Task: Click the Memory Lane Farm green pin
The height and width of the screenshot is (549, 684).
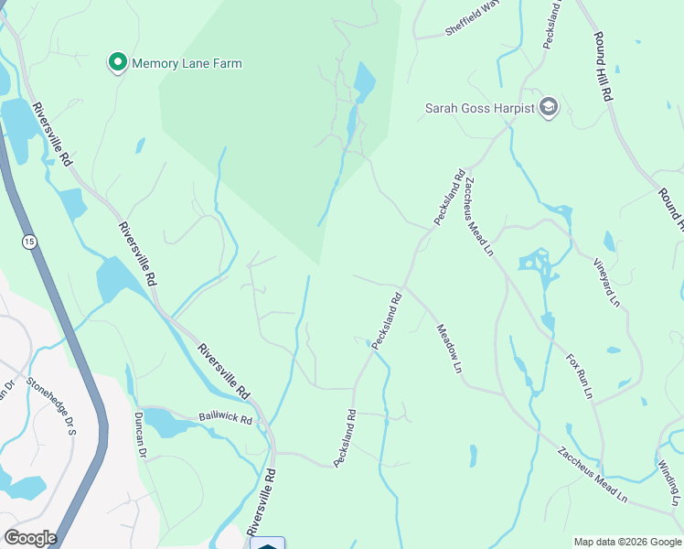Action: (x=118, y=62)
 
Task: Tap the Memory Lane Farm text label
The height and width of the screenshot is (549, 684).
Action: (x=187, y=64)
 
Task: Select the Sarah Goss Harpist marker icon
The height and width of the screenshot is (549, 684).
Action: (x=549, y=107)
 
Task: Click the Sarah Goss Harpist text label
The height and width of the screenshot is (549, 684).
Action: (x=479, y=108)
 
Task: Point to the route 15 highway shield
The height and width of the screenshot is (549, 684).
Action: (x=31, y=241)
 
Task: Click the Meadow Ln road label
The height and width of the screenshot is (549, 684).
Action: (x=448, y=349)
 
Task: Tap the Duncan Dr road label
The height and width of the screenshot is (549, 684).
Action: (x=141, y=434)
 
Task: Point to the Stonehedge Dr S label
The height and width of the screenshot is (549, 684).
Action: (x=51, y=405)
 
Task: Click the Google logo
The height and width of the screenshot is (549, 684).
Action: (x=29, y=538)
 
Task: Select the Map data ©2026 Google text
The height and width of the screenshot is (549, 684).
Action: (x=627, y=542)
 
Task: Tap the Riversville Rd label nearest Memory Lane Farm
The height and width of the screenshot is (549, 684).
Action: (x=52, y=134)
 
